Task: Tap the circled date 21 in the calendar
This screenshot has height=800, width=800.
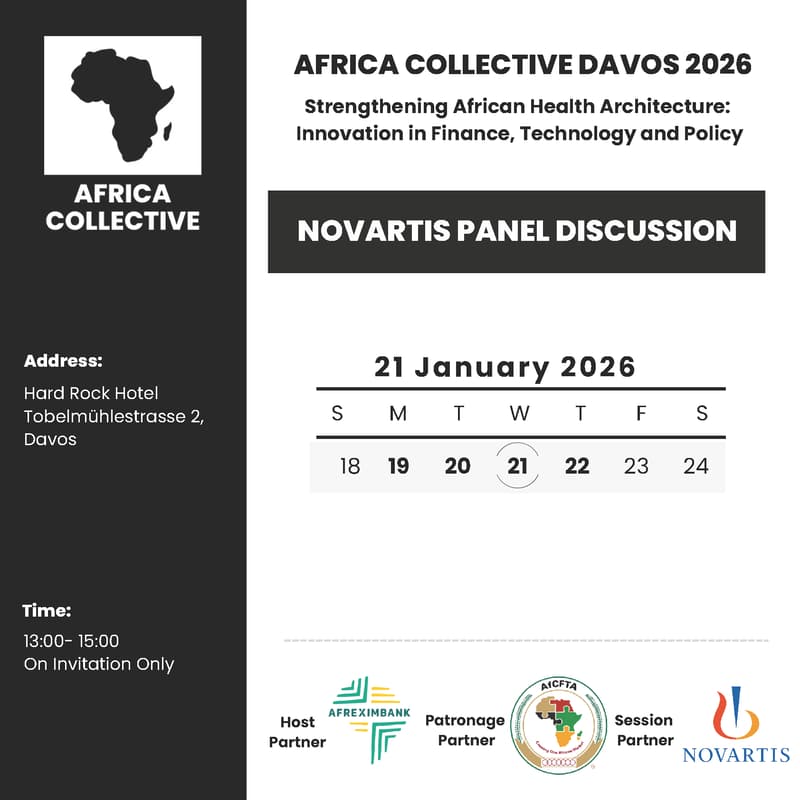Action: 517,466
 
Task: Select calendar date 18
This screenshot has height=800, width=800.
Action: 350,466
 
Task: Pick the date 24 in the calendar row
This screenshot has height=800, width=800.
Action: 695,466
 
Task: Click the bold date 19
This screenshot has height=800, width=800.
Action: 398,466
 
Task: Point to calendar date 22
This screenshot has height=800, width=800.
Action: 577,466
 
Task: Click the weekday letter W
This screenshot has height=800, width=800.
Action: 519,413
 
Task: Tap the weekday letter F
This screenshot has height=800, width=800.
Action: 641,413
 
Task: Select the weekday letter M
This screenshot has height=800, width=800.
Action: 398,413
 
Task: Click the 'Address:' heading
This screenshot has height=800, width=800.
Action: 63,361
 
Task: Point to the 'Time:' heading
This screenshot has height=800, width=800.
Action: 47,611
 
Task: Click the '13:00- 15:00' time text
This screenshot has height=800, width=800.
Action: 71,641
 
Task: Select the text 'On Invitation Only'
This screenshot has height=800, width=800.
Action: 98,664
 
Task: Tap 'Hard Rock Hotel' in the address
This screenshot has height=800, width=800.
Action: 91,393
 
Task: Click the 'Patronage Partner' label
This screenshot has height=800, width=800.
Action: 466,730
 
